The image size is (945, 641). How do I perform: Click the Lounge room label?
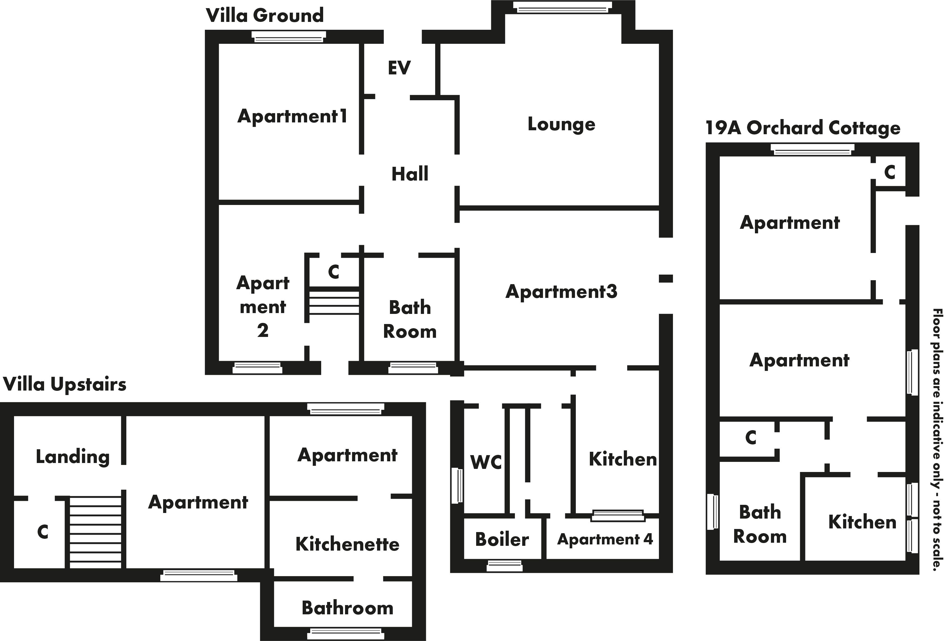click(x=561, y=124)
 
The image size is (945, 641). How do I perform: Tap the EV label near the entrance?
click(x=399, y=68)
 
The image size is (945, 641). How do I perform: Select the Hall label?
click(x=410, y=174)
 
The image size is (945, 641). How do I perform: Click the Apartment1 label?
click(x=292, y=116)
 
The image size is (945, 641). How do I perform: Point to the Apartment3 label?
click(x=561, y=292)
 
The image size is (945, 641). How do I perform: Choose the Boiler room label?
click(x=502, y=540)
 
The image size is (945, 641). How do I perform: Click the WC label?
click(x=486, y=462)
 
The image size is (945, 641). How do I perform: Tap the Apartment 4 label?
click(x=605, y=539)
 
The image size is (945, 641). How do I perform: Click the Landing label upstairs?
click(x=73, y=457)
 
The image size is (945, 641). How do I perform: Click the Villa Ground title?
click(x=265, y=15)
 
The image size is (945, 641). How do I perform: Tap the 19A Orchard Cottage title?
click(x=803, y=128)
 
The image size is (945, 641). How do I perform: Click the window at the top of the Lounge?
click(x=562, y=7)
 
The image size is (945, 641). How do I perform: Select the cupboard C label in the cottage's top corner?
click(x=889, y=172)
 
